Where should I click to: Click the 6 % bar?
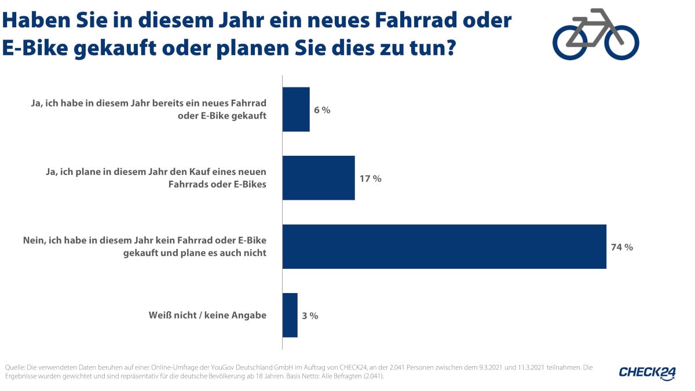coord(296,109)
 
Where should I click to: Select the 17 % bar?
coord(319,178)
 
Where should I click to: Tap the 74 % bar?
coord(444,247)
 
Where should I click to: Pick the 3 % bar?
coord(290,315)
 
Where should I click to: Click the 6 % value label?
coord(322,110)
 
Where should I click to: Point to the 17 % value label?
coord(371,178)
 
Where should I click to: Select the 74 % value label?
coord(622,247)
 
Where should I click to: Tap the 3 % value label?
coord(310,316)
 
